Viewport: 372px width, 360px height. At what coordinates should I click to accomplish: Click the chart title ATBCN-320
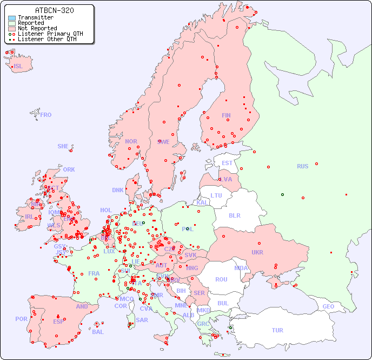click(54, 10)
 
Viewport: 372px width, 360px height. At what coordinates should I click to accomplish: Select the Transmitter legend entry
click(35, 17)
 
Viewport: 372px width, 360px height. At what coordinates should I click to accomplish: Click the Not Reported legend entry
click(37, 28)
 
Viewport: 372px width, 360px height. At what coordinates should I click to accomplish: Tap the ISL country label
click(18, 67)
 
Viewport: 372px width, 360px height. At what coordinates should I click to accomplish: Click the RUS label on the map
click(302, 166)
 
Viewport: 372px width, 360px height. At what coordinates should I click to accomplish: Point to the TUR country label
click(277, 330)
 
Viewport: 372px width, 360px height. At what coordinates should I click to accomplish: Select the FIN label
click(226, 115)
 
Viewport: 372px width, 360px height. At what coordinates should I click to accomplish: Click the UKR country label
click(257, 252)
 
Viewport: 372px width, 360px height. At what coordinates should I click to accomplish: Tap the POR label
click(21, 319)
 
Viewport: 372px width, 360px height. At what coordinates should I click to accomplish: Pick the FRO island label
click(46, 115)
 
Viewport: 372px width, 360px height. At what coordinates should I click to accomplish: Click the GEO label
click(328, 306)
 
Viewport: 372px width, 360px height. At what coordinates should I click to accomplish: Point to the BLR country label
click(235, 215)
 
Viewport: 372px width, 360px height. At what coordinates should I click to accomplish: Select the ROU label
click(221, 279)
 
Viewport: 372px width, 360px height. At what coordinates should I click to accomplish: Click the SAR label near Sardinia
click(142, 320)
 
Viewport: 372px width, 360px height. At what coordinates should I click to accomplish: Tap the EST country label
click(227, 163)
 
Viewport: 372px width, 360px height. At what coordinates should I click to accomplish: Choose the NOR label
click(131, 141)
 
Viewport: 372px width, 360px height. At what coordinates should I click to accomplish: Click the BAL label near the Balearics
click(98, 332)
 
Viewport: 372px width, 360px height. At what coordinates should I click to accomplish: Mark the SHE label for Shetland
click(63, 146)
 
